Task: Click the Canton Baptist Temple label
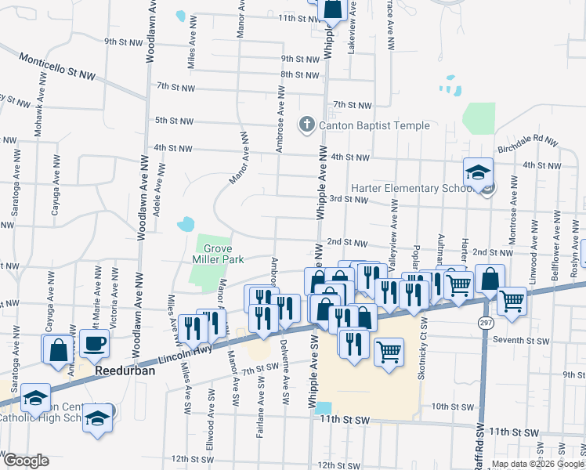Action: [x=374, y=125]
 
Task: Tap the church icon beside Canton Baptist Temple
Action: [x=306, y=125]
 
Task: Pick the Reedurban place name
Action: [x=125, y=371]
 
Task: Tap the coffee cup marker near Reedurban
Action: [x=94, y=344]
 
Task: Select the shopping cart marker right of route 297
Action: [x=512, y=301]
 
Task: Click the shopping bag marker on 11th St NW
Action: [x=332, y=10]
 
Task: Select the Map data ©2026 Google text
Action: [x=537, y=464]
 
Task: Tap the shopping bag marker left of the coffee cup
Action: [x=59, y=349]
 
